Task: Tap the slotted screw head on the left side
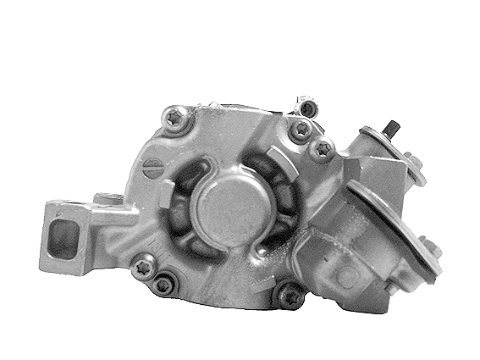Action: click(153, 166)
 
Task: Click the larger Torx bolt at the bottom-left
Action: click(144, 265)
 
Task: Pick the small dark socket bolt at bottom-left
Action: click(163, 284)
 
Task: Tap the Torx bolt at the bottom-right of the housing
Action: click(290, 296)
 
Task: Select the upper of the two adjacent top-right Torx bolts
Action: click(300, 130)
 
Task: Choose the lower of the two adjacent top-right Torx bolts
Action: click(322, 150)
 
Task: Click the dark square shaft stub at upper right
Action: click(393, 130)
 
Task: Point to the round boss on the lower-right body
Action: click(345, 276)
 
